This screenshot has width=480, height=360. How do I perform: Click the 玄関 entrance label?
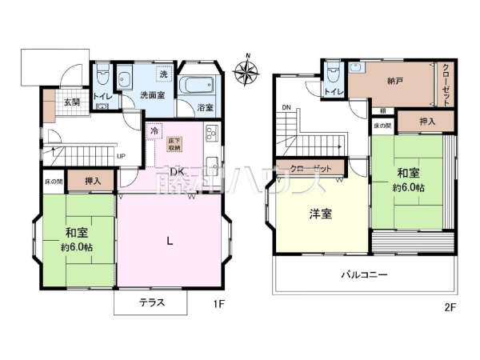72,102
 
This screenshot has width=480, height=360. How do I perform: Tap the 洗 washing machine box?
163,74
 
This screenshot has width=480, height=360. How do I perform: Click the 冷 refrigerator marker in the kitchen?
154,128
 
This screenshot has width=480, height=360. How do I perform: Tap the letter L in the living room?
170,240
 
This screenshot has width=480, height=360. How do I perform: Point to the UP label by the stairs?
120,156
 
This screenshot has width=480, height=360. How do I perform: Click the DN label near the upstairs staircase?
285,107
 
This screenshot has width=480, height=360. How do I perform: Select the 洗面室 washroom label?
154,95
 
